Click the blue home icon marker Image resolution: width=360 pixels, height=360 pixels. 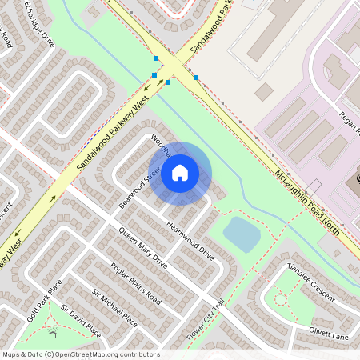(180, 173)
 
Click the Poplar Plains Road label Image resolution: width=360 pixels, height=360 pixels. (135, 284)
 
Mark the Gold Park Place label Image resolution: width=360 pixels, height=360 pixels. (44, 301)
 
